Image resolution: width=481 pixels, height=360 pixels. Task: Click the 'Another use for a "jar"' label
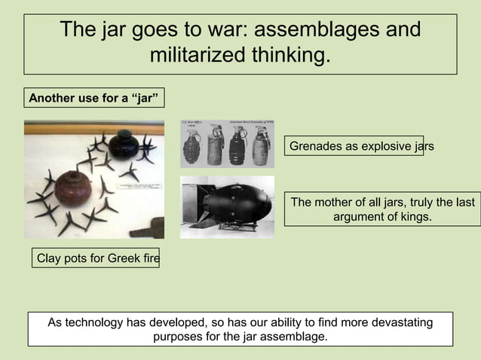[x=93, y=99]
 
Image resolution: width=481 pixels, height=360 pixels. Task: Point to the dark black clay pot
[x=123, y=144]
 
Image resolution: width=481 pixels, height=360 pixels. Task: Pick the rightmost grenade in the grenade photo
[x=262, y=145]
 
